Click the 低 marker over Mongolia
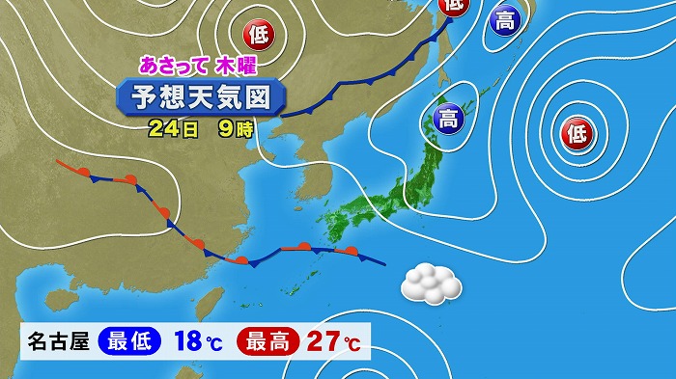pyautogui.click(x=259, y=36)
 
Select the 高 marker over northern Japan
pyautogui.click(x=448, y=120)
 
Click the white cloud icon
pyautogui.click(x=430, y=283)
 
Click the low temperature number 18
pyautogui.click(x=189, y=340)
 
